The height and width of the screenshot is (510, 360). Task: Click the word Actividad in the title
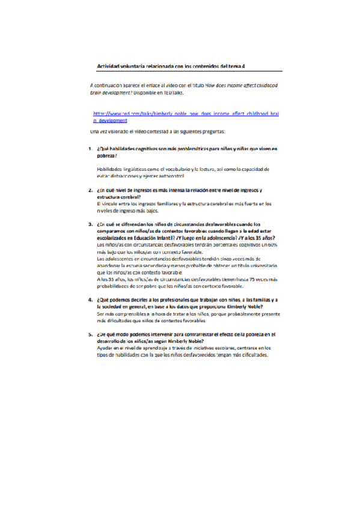[108, 67]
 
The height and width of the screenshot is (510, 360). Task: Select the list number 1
[90, 149]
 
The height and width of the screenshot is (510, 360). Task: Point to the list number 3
[90, 223]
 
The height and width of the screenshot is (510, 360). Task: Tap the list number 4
[90, 300]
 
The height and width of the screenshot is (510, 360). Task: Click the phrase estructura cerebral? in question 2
[119, 197]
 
